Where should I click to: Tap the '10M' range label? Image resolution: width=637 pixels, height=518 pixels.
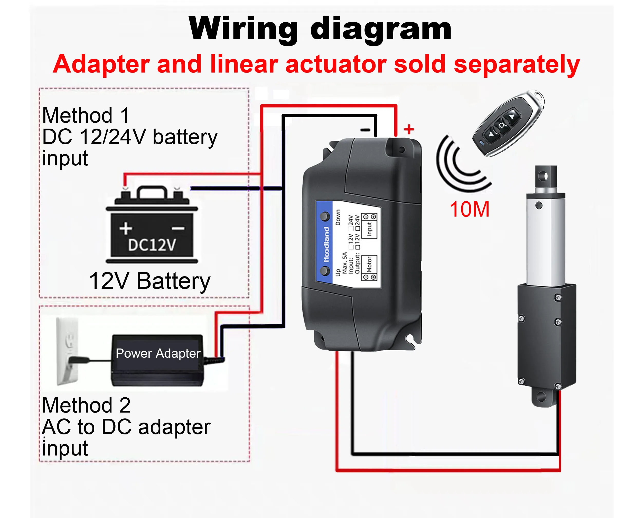[x=470, y=209]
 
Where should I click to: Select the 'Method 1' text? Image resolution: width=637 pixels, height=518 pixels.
[x=86, y=115]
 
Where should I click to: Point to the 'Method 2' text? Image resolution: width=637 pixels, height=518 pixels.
[x=86, y=405]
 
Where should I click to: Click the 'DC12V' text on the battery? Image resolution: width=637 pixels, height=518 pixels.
[x=152, y=245]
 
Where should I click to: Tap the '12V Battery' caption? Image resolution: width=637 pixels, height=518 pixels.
[x=149, y=281]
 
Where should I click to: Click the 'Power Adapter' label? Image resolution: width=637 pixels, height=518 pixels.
[x=158, y=353]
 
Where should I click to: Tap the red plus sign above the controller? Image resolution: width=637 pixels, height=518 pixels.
[x=409, y=129]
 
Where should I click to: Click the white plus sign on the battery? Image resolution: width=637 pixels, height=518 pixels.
[x=126, y=229]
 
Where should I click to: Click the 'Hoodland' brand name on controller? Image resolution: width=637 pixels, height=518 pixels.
[x=327, y=244]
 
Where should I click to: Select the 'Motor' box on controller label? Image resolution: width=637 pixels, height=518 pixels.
[x=369, y=268]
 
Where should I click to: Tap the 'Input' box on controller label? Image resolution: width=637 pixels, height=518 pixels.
[x=369, y=226]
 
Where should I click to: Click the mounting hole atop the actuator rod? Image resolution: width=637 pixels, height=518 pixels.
[x=545, y=176]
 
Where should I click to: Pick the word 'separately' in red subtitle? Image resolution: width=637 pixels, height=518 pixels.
[x=517, y=65]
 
